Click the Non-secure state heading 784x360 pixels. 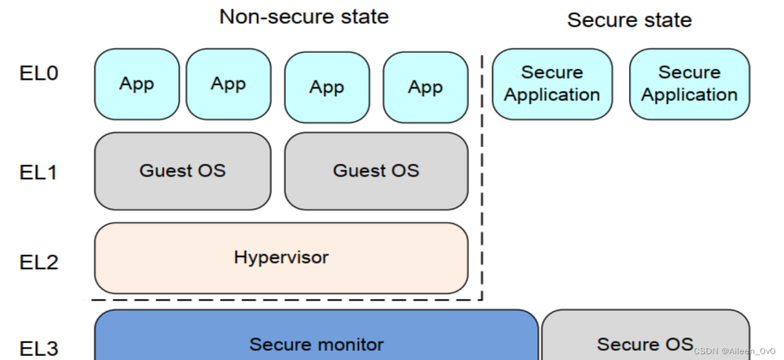pyautogui.click(x=304, y=17)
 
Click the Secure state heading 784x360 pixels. pyautogui.click(x=630, y=20)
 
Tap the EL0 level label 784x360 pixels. pyautogui.click(x=38, y=73)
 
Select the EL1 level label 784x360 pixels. pyautogui.click(x=38, y=172)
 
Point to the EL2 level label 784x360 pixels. pyautogui.click(x=38, y=262)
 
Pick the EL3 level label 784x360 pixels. pyautogui.click(x=38, y=348)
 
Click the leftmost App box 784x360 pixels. pyautogui.click(x=137, y=84)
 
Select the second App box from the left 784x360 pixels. pyautogui.click(x=229, y=84)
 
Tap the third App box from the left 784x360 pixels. pyautogui.click(x=327, y=88)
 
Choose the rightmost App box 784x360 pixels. pyautogui.click(x=426, y=88)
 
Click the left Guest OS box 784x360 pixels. pyautogui.click(x=183, y=171)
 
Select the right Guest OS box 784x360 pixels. pyautogui.click(x=376, y=171)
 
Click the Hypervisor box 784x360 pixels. pyautogui.click(x=281, y=258)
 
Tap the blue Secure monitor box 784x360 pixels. pyautogui.click(x=316, y=335)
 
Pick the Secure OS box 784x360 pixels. pyautogui.click(x=646, y=335)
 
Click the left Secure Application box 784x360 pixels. pyautogui.click(x=552, y=84)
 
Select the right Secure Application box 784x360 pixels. pyautogui.click(x=689, y=84)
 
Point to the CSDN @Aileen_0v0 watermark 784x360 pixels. pyautogui.click(x=735, y=351)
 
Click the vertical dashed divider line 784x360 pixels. pyautogui.click(x=482, y=178)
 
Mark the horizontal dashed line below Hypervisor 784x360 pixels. pyautogui.click(x=287, y=299)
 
